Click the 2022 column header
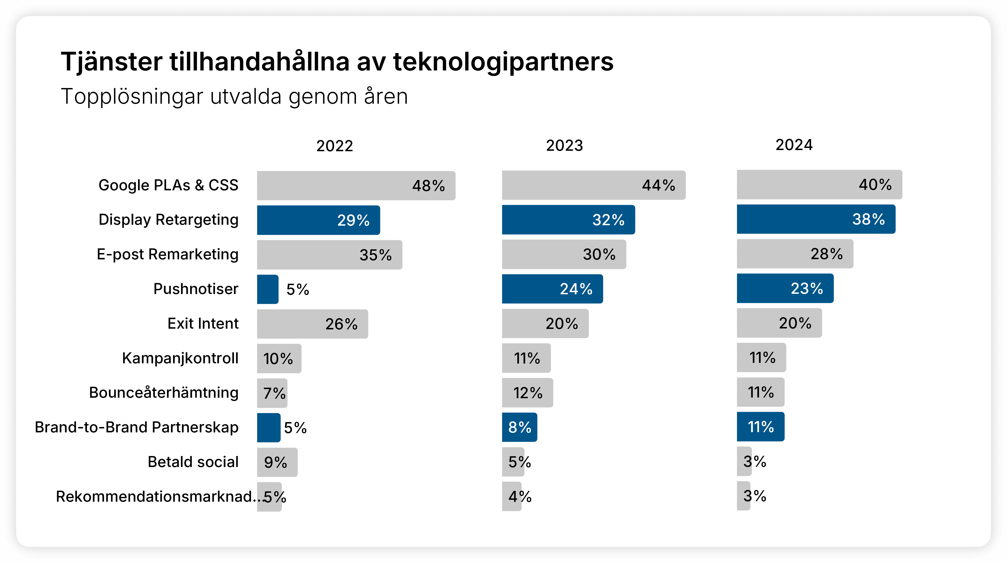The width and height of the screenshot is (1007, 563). (335, 146)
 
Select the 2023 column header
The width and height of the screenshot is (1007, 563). (564, 145)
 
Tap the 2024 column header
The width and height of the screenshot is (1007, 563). (794, 145)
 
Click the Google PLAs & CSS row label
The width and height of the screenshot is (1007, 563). (168, 185)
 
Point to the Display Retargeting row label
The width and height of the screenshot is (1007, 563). (168, 220)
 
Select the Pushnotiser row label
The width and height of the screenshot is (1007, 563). (196, 289)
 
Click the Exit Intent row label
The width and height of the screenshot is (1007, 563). (203, 324)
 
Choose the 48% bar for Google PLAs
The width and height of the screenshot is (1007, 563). (356, 186)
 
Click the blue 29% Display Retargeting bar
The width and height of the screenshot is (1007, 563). (318, 220)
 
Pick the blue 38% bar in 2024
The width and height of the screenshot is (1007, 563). (816, 219)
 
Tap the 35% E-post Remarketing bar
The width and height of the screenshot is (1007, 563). (329, 255)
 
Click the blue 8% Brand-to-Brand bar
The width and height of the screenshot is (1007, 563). (519, 427)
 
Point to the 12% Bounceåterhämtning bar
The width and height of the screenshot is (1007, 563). (527, 393)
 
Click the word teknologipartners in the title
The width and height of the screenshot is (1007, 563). (503, 62)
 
